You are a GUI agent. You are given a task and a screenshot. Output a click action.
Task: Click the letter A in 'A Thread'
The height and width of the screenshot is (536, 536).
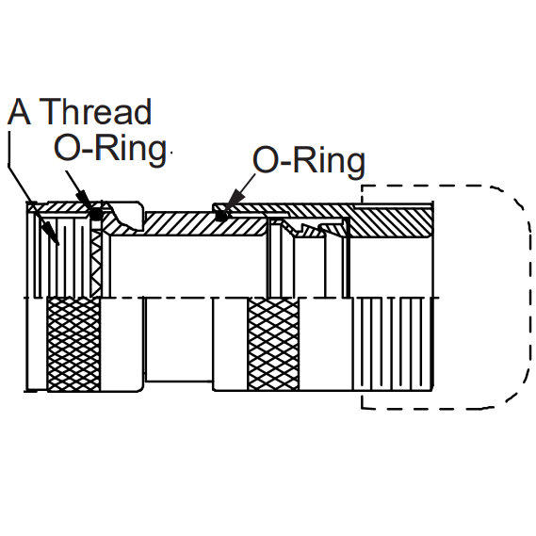(x=19, y=112)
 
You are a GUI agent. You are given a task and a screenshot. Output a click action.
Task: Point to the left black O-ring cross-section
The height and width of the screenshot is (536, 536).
(x=96, y=215)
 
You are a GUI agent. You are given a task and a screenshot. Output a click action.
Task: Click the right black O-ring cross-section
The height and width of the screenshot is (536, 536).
(x=221, y=216)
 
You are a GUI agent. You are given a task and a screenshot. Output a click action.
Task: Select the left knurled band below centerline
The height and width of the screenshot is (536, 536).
(x=73, y=344)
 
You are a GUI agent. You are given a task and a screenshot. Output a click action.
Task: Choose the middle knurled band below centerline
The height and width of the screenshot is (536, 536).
(x=273, y=344)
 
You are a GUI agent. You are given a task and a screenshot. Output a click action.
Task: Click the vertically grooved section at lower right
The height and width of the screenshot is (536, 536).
(x=393, y=344)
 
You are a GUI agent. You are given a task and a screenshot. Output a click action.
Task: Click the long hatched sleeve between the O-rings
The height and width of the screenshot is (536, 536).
(x=205, y=224)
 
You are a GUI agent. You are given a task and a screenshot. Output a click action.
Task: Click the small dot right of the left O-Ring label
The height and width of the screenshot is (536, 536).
(x=171, y=153)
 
